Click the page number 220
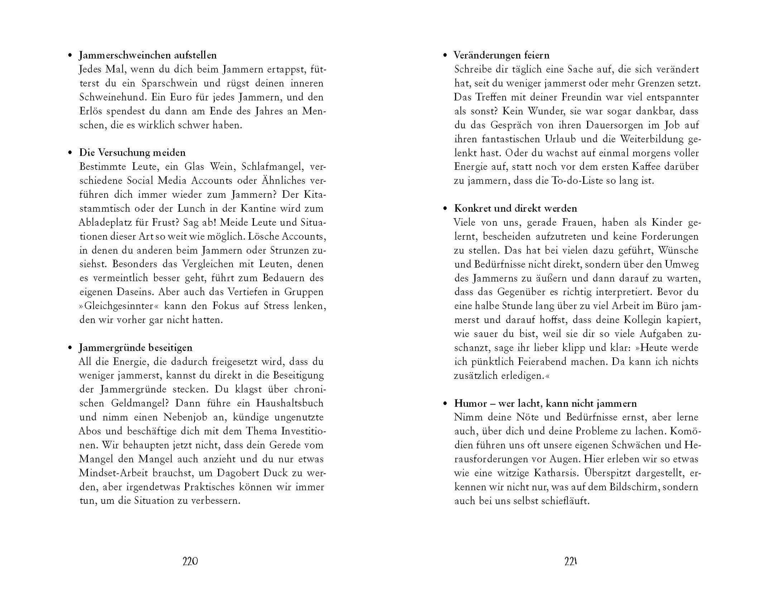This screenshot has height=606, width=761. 190,562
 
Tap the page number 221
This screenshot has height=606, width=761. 570,562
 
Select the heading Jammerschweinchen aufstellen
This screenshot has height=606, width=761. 147,55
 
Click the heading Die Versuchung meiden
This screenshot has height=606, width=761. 132,153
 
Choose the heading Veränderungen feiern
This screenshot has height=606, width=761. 502,55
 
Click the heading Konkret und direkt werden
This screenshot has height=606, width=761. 516,208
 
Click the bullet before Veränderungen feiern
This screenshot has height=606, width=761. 446,56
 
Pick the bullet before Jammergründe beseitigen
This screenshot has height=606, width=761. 70,348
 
